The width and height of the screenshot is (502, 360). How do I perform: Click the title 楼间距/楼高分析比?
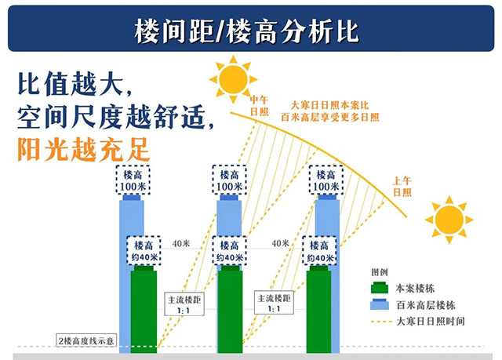(246, 31)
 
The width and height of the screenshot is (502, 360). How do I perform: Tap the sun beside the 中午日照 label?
(234, 79)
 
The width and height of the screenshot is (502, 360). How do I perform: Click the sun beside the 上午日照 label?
(449, 220)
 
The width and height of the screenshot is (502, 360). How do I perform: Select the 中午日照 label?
(259, 106)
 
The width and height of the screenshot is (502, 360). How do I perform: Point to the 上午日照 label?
(402, 187)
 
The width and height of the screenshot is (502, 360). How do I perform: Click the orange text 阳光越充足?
(84, 150)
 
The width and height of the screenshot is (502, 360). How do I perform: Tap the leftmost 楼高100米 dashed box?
(133, 180)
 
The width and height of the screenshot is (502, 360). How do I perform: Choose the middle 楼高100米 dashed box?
(230, 180)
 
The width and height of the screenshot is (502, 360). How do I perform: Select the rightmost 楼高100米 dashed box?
(326, 180)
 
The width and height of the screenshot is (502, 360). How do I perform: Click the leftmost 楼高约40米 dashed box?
(144, 251)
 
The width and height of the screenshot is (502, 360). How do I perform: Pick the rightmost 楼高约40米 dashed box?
(319, 251)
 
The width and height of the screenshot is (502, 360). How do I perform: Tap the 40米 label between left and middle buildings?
(181, 244)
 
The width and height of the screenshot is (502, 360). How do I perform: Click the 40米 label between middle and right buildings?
(281, 243)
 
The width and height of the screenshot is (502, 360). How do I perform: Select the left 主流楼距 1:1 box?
(184, 304)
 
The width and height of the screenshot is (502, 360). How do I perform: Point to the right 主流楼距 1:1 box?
(274, 303)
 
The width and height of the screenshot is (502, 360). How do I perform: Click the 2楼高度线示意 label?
(85, 340)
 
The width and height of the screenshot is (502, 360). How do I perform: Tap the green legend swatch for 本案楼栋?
(380, 287)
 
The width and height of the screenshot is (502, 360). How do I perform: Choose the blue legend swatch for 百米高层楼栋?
(380, 304)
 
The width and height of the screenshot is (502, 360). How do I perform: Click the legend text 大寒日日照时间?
(431, 321)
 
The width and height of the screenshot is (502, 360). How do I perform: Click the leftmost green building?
(144, 310)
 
